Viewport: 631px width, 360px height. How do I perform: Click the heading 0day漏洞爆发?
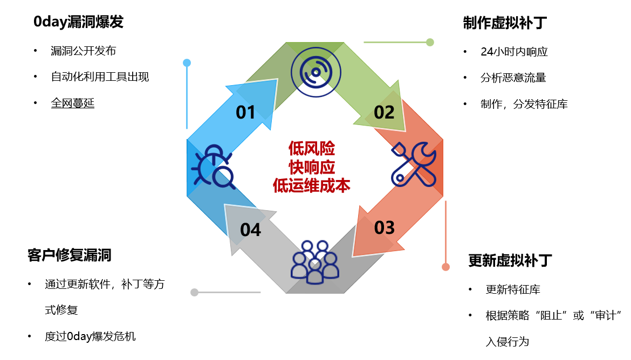78,22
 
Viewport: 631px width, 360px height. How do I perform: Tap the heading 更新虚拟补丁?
510,261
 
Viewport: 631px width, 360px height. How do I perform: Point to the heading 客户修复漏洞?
70,255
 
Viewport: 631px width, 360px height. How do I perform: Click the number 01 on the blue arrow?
245,112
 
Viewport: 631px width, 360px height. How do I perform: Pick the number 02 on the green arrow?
384,112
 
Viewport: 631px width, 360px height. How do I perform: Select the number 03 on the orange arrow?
384,227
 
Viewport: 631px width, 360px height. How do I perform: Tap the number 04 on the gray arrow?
251,230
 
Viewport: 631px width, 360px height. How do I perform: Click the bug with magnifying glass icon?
214,168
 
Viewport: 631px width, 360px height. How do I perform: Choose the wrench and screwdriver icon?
413,164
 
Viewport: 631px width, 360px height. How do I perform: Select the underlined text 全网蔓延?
73,103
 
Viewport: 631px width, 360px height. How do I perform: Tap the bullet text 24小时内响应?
514,52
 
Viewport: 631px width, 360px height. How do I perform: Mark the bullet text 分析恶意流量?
513,78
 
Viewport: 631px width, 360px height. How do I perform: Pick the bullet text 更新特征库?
513,289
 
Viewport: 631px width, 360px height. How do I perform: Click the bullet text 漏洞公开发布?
83,51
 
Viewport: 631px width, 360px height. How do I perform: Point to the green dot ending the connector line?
430,42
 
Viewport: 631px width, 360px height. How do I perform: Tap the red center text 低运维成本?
312,185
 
